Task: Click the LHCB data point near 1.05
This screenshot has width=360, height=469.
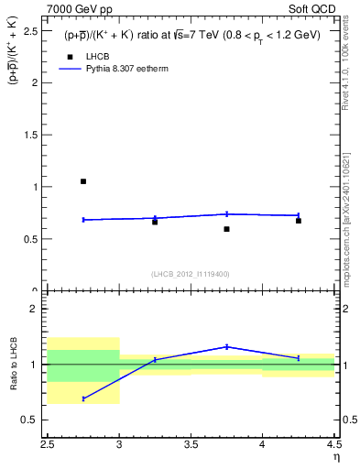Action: (x=83, y=181)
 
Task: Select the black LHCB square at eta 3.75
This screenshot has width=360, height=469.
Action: (x=226, y=229)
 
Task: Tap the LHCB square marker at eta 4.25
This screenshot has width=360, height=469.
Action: (x=299, y=221)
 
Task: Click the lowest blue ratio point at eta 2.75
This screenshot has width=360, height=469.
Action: (x=83, y=398)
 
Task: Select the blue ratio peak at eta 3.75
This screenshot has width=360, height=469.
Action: (x=226, y=346)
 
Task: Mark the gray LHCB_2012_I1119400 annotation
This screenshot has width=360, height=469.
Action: (x=191, y=273)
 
